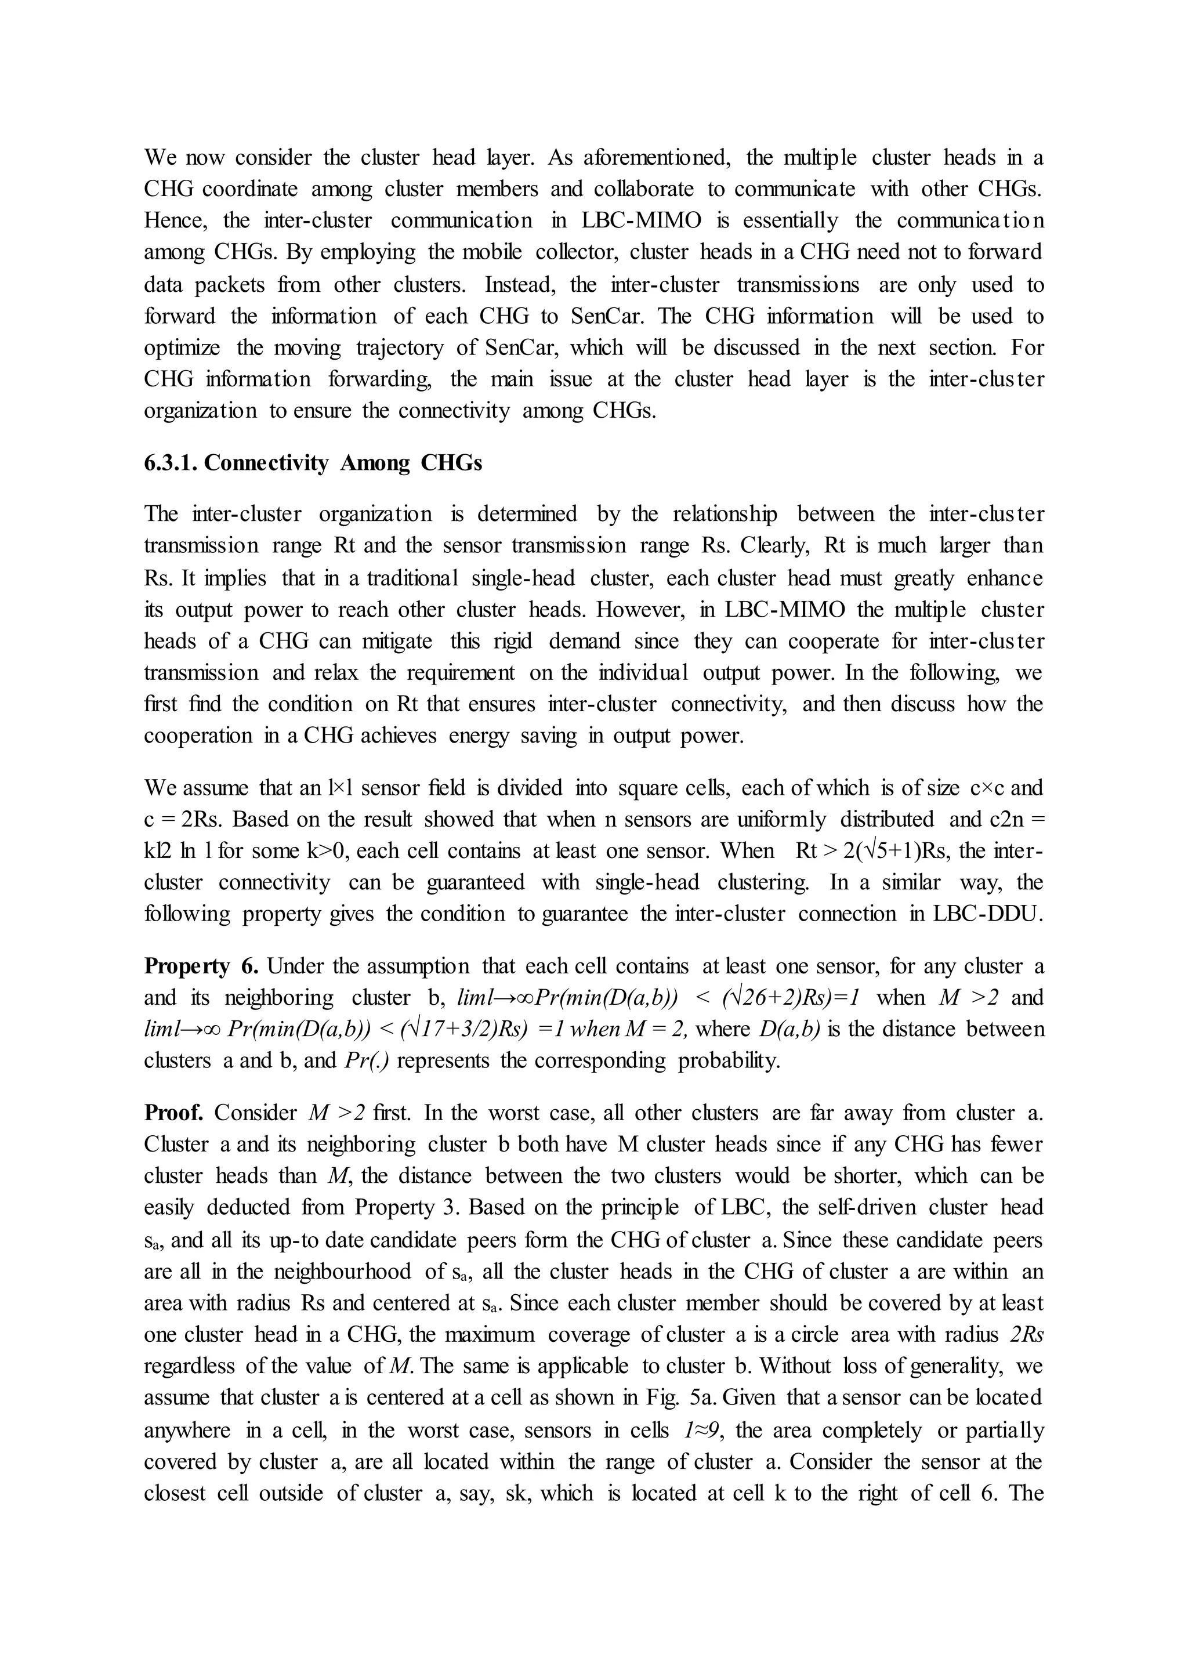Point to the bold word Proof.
tap(173, 1113)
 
